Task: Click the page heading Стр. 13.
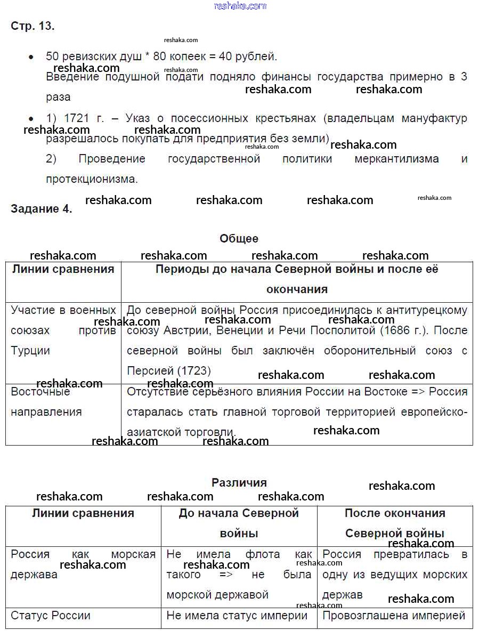(x=33, y=26)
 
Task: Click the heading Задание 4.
(x=41, y=209)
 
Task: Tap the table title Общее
(x=239, y=239)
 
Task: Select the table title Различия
(x=239, y=482)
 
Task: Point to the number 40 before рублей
(x=229, y=56)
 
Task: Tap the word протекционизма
(x=92, y=179)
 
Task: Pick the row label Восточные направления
(x=46, y=401)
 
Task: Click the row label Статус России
(x=51, y=616)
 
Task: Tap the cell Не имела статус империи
(x=237, y=616)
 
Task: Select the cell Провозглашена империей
(x=394, y=616)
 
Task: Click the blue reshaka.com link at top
(x=240, y=6)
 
